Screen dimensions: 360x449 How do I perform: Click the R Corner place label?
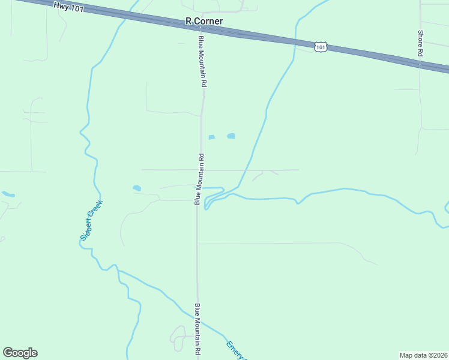[x=204, y=21]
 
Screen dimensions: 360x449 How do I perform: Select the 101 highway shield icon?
[x=321, y=46]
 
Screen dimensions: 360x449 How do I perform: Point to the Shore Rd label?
[x=421, y=44]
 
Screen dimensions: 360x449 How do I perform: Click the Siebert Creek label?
[x=92, y=220]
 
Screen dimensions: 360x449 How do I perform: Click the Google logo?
[x=20, y=353]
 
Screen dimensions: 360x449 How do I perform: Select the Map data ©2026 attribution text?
[x=424, y=355]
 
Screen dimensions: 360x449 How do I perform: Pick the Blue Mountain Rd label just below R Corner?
[x=203, y=61]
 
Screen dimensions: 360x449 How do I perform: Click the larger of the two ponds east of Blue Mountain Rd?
[x=231, y=136]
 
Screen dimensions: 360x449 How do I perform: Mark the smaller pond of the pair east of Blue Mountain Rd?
[x=211, y=137]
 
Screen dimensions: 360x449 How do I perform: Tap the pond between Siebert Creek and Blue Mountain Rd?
[x=137, y=188]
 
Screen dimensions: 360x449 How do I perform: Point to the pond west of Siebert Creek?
[x=8, y=194]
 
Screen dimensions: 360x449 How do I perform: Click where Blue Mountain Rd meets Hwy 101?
[x=202, y=27]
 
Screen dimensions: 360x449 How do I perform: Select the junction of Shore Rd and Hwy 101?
[x=420, y=62]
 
